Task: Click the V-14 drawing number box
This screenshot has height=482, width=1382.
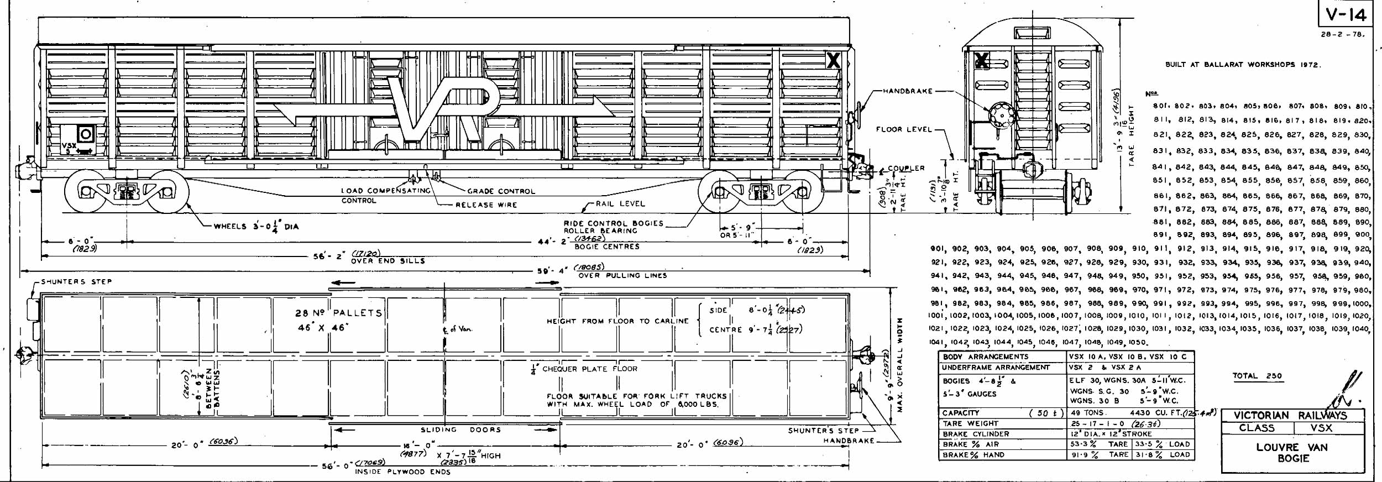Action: click(x=1345, y=14)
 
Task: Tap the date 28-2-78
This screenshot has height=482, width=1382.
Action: click(x=1342, y=34)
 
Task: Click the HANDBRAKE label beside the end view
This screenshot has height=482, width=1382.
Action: click(x=907, y=91)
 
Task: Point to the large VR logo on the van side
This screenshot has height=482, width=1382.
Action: click(x=442, y=108)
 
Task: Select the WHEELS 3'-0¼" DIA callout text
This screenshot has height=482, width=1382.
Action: click(x=256, y=226)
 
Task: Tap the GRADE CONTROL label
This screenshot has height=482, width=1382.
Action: click(x=501, y=191)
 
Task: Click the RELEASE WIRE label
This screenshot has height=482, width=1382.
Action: click(x=486, y=205)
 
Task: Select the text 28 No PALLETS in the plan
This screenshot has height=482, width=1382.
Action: click(x=338, y=313)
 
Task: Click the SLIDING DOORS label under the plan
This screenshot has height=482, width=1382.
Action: click(x=460, y=429)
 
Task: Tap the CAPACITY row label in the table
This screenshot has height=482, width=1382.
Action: click(x=961, y=413)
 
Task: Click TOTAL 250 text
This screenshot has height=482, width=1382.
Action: click(x=1257, y=376)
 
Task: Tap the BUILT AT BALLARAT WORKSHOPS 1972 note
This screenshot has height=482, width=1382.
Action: click(x=1242, y=65)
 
